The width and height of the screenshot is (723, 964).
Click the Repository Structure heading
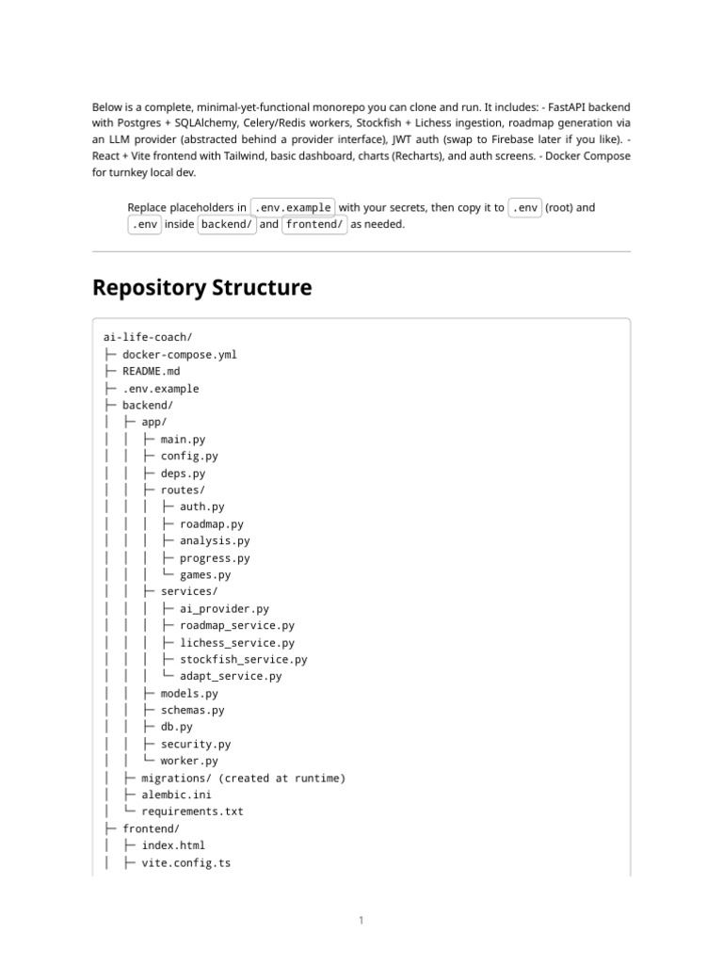click(201, 287)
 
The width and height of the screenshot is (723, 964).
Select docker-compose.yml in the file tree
click(180, 355)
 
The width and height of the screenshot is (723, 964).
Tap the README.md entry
click(151, 372)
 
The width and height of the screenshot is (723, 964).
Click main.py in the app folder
click(183, 440)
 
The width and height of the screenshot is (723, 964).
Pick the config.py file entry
click(189, 457)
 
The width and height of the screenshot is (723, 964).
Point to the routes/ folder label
click(183, 490)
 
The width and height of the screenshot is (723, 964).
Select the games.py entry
click(205, 575)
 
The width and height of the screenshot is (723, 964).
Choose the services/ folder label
click(189, 591)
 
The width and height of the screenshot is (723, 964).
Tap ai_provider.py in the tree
click(224, 609)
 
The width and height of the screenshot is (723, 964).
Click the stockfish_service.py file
click(243, 659)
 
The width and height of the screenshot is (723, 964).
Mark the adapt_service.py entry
click(231, 676)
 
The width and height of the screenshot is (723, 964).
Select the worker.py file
click(189, 761)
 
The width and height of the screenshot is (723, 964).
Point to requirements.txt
click(192, 811)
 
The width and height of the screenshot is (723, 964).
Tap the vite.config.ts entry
click(185, 862)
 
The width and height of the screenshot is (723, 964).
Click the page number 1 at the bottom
click(361, 920)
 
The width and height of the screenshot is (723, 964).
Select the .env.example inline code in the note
click(293, 208)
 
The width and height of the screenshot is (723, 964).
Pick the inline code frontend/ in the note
click(314, 225)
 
